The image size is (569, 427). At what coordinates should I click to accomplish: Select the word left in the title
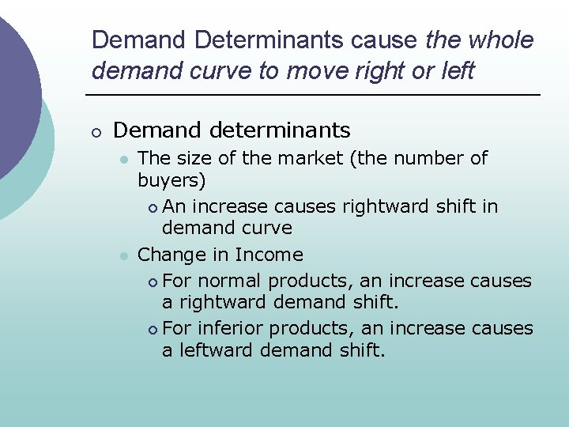point(457,70)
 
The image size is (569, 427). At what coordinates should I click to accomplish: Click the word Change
point(170,255)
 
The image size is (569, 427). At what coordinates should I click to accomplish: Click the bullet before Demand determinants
point(96,130)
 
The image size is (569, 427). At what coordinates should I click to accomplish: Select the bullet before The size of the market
point(123,159)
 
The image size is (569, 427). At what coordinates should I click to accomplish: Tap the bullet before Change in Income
point(123,255)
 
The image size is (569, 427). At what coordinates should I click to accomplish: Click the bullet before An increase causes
point(152,207)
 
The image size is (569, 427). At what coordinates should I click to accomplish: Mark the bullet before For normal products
point(152,282)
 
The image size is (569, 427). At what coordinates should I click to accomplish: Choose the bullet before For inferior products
point(152,329)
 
